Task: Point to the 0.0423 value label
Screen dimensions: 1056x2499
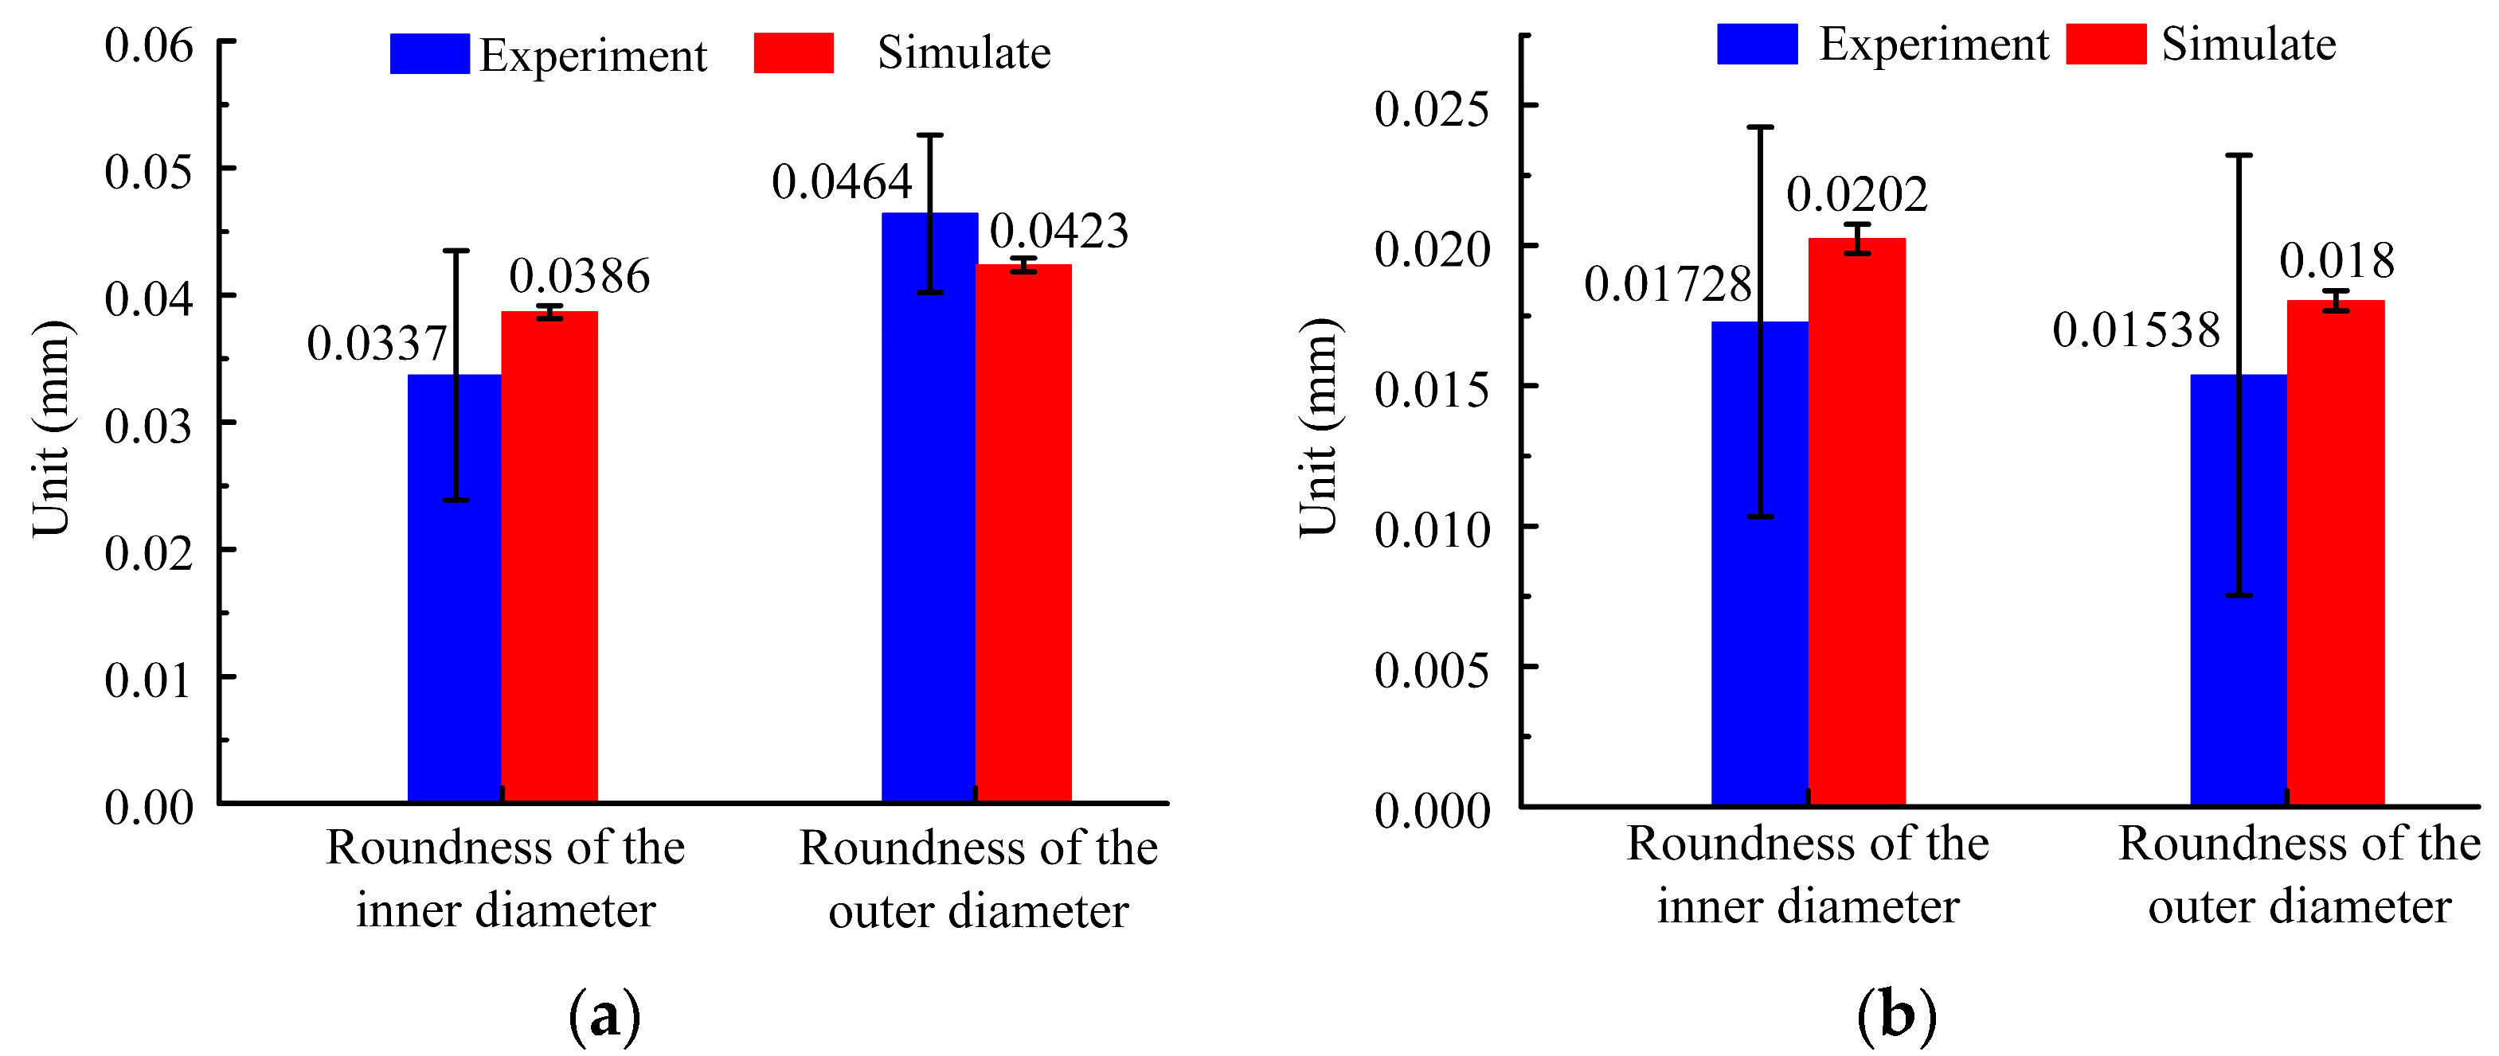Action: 1058,231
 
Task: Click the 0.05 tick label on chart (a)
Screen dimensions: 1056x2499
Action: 148,172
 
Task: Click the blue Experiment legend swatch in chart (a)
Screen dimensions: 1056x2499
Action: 428,53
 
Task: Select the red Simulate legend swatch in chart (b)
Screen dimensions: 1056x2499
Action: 2105,44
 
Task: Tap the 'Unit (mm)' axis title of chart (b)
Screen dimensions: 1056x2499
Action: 1320,427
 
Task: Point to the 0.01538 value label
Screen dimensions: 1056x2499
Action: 2136,331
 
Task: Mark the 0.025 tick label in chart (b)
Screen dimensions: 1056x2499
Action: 1431,107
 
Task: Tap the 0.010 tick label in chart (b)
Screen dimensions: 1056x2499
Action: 1431,528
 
